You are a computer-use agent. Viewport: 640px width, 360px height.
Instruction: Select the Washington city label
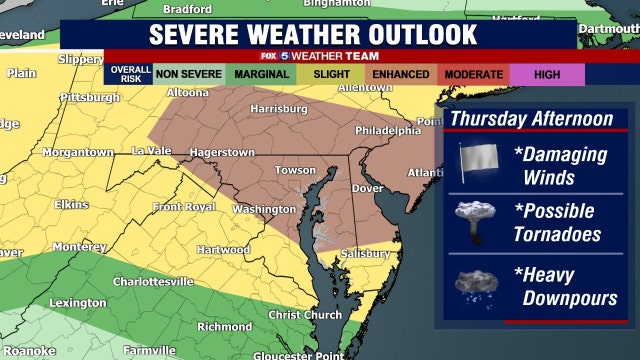pos(263,209)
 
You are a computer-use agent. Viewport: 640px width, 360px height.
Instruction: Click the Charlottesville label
pos(153,281)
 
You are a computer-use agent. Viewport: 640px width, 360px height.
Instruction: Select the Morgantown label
pos(77,152)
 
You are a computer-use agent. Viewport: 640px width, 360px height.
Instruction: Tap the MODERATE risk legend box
pos(472,74)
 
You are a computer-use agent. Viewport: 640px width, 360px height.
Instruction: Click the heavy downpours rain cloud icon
pos(477,286)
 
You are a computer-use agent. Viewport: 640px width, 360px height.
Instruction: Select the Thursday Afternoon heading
pos(530,119)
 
